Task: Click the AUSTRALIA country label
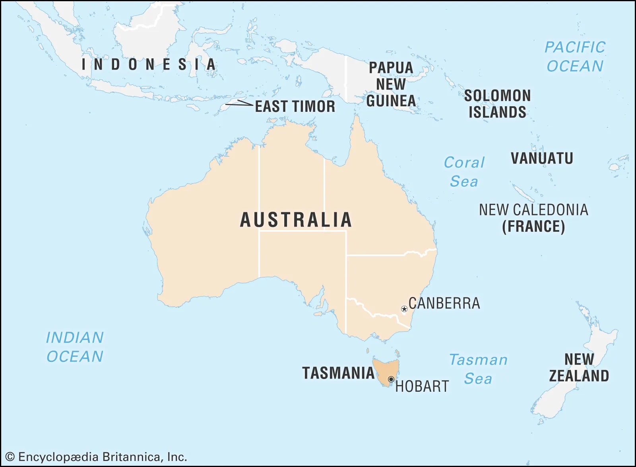296,220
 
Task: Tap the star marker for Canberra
404,309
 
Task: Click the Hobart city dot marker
391,379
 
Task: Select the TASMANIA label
338,373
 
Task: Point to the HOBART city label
422,386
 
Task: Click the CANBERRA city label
444,303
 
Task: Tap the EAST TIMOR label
295,106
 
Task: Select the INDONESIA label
149,64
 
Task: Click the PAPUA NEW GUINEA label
391,84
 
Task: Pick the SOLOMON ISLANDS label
497,104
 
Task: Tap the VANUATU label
542,158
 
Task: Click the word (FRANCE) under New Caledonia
533,227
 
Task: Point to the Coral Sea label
464,172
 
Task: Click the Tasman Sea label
478,369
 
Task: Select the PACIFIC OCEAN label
575,57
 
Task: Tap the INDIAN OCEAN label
75,347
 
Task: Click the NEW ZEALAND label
579,367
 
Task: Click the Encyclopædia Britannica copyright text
96,457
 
